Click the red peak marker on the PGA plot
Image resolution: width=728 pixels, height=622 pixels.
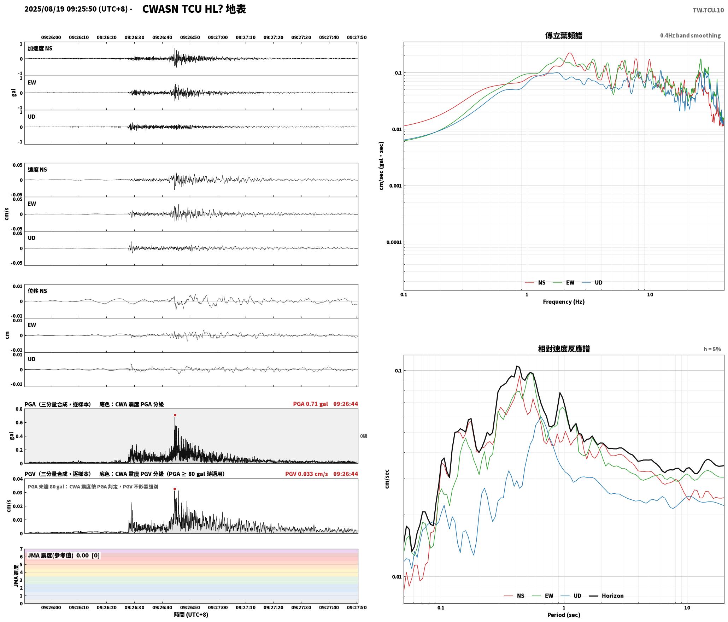(175, 415)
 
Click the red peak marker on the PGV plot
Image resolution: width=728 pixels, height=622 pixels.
(175, 489)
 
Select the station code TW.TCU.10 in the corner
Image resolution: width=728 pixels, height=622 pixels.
(708, 10)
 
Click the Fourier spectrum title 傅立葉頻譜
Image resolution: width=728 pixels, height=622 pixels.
(564, 36)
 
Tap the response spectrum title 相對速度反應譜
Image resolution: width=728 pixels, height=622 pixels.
(564, 349)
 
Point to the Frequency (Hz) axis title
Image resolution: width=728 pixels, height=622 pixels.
(564, 302)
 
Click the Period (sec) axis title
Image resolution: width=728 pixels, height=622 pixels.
(564, 615)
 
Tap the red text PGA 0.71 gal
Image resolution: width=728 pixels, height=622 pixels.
(310, 404)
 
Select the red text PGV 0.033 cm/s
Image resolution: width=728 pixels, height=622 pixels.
(306, 474)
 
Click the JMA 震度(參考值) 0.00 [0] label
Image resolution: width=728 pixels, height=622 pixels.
(64, 556)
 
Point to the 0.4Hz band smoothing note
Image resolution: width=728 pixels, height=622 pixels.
(690, 36)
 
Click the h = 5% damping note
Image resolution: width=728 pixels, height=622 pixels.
(712, 349)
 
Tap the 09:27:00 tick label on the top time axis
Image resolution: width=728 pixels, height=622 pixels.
(218, 37)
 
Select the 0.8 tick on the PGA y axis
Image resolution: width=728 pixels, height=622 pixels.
(19, 409)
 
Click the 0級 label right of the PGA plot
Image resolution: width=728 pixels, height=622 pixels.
(364, 436)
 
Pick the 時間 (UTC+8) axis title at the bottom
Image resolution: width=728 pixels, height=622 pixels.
(191, 615)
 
